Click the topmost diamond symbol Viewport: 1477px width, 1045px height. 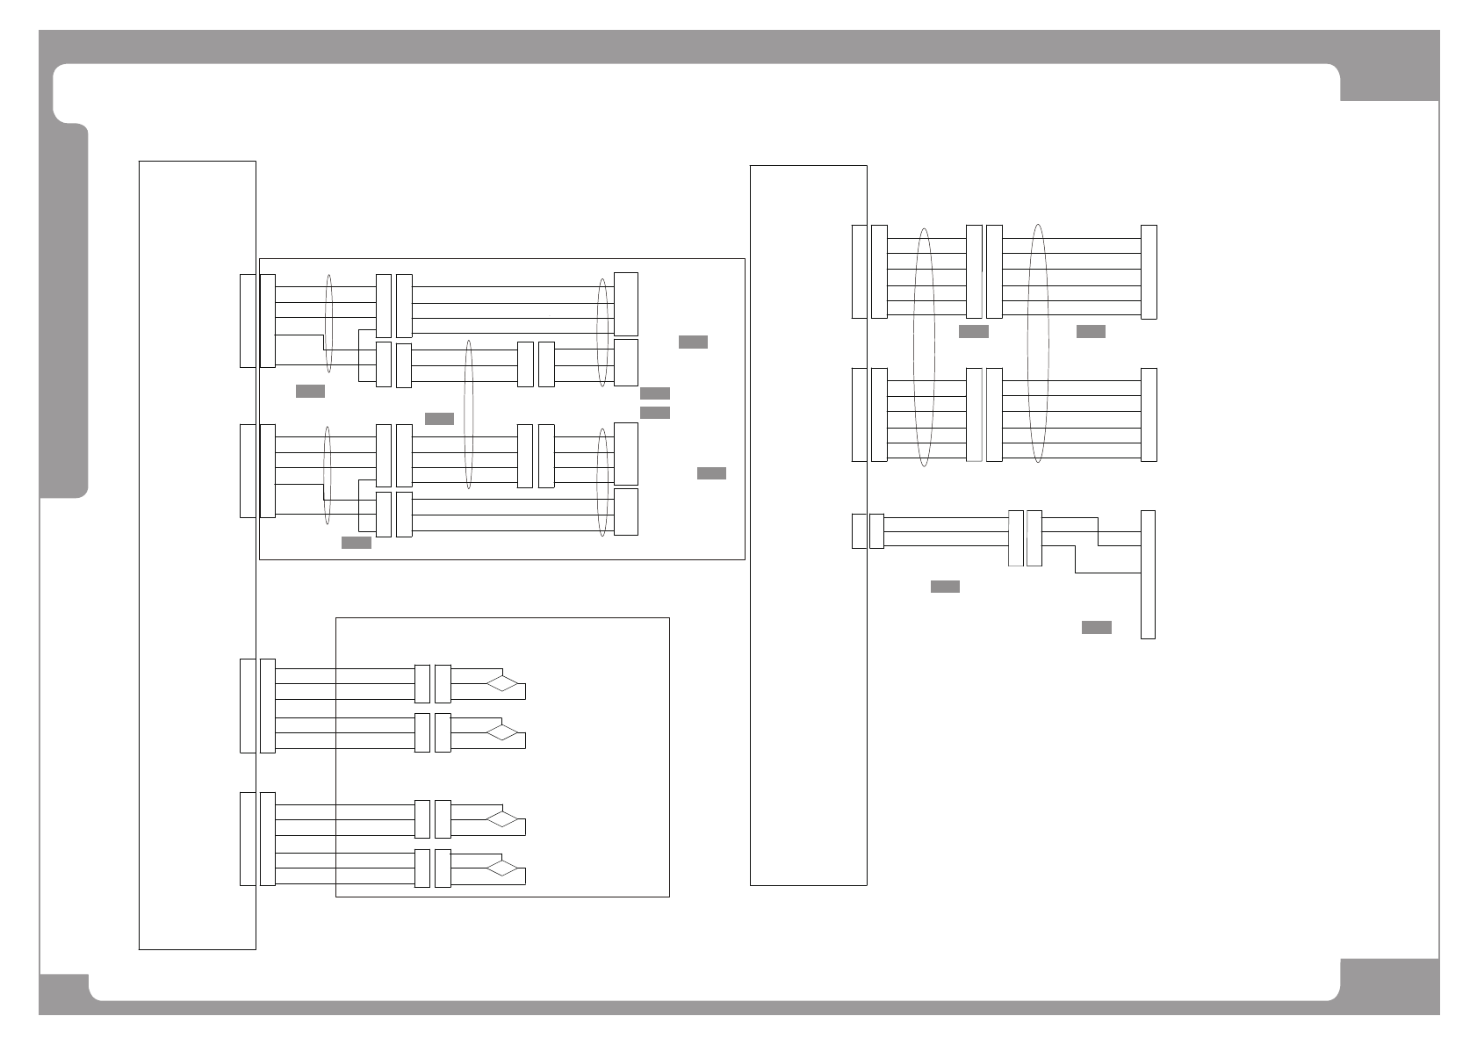point(503,683)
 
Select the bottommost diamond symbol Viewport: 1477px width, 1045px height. point(503,868)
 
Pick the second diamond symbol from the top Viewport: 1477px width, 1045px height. point(503,731)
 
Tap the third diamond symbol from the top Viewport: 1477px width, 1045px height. point(503,819)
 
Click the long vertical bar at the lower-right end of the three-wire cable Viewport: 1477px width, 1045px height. point(1148,574)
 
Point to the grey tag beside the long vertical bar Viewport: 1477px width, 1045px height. point(1096,627)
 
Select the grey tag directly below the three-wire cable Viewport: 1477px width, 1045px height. point(945,587)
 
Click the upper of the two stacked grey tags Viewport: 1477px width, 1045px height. point(655,393)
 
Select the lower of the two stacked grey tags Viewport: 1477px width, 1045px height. point(655,413)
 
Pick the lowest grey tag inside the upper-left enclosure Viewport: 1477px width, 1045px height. point(357,543)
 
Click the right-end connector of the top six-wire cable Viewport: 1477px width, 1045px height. point(1149,272)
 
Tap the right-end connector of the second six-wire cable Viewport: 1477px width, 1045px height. point(1149,414)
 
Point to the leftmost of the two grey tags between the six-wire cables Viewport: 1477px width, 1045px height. point(973,332)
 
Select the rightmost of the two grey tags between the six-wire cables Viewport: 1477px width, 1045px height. point(1091,332)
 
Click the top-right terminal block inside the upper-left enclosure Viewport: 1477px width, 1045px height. point(626,304)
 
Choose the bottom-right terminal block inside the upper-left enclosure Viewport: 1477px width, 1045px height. point(626,512)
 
